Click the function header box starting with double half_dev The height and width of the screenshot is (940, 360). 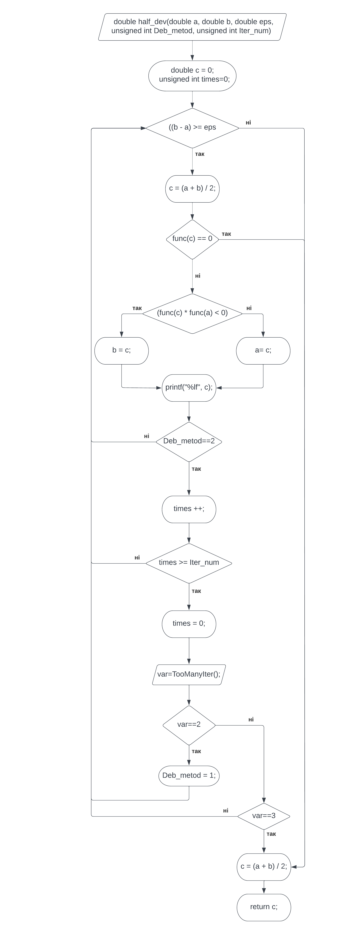click(x=192, y=27)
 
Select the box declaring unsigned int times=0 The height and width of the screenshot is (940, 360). click(x=192, y=76)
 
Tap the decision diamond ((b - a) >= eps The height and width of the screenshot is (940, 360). click(x=192, y=128)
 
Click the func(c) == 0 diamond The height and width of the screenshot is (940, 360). click(x=192, y=239)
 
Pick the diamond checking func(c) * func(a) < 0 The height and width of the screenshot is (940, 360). click(x=192, y=313)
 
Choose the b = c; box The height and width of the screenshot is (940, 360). click(x=121, y=350)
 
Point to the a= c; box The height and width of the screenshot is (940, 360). click(x=263, y=350)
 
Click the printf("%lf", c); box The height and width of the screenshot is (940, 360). click(x=189, y=388)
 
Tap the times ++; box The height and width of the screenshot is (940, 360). click(x=189, y=509)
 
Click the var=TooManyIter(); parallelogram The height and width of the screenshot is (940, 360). click(x=189, y=674)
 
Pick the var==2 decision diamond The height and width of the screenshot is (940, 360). click(x=189, y=725)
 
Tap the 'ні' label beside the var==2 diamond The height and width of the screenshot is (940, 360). click(x=251, y=719)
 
